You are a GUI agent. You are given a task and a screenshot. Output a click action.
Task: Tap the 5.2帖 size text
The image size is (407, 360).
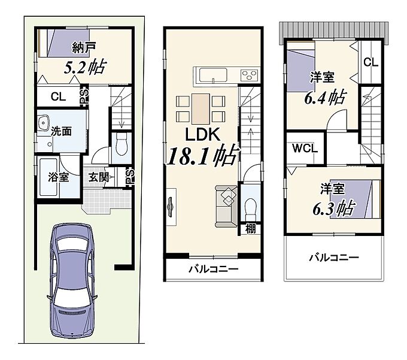[85, 67]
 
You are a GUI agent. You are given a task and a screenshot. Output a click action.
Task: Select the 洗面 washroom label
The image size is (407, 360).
[61, 131]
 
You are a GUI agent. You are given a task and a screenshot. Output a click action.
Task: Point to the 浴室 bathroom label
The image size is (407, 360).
[59, 177]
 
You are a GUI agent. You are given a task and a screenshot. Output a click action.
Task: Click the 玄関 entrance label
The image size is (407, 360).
[98, 177]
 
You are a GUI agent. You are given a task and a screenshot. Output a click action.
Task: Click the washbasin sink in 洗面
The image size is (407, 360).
[44, 122]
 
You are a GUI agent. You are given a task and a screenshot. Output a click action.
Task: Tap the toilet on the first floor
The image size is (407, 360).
[122, 144]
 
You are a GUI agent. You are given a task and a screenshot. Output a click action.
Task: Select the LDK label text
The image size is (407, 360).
[203, 134]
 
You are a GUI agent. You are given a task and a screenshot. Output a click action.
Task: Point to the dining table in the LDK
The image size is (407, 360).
[201, 109]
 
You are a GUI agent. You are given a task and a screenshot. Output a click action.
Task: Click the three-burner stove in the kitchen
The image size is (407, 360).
[250, 75]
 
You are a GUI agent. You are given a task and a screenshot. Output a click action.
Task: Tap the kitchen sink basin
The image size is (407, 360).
[213, 75]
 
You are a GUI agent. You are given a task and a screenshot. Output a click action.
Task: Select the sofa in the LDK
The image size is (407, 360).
[226, 207]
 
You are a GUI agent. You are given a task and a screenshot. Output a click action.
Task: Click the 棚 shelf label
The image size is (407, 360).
[250, 229]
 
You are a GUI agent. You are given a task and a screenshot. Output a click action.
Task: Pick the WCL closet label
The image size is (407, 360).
[305, 149]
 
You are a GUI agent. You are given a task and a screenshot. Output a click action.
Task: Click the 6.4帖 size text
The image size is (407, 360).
[325, 98]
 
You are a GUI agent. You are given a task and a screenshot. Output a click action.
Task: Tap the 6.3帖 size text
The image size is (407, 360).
[334, 208]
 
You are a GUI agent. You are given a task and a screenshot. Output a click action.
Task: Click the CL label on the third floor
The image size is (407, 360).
[370, 62]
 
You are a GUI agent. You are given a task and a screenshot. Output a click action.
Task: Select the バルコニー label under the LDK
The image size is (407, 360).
[213, 268]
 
